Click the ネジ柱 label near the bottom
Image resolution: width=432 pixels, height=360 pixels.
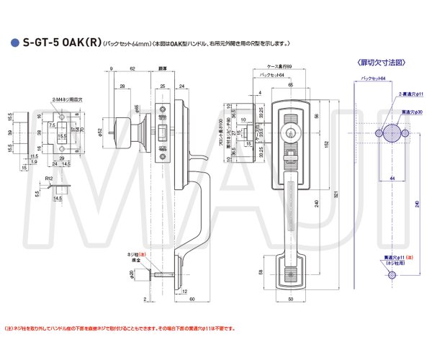point(132,254)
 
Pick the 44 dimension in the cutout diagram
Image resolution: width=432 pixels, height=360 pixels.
point(391,177)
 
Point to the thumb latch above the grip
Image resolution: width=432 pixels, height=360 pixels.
point(289,153)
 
